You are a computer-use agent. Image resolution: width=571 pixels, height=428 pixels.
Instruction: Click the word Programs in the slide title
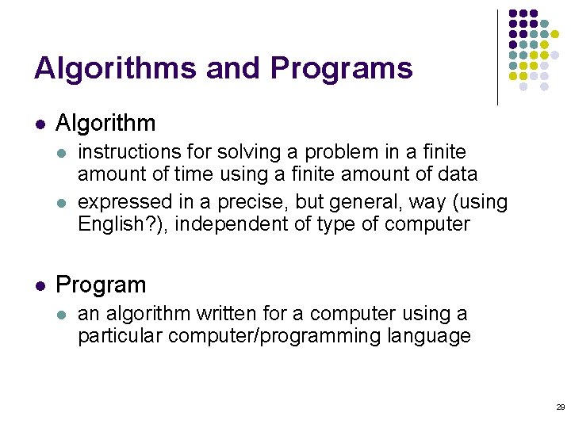341,69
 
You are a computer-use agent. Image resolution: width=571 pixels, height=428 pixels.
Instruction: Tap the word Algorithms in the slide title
116,69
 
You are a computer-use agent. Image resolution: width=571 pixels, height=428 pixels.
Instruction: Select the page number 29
560,407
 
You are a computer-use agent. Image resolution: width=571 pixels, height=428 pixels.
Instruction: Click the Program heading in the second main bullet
101,285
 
